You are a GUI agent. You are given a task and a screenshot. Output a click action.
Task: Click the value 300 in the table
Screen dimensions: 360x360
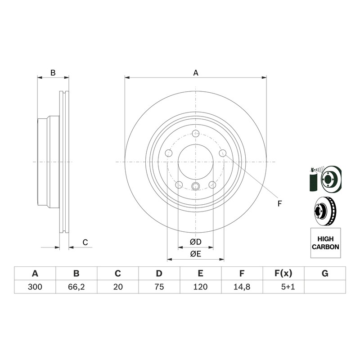click(x=35, y=287)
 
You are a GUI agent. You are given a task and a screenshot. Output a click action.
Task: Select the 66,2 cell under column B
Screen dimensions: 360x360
click(x=76, y=287)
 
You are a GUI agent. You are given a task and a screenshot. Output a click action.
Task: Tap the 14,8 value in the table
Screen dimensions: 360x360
click(x=242, y=287)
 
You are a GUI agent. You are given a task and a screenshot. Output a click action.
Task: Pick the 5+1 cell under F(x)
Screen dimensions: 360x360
click(x=288, y=287)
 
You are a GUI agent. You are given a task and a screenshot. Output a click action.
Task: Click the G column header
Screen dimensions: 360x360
click(x=325, y=274)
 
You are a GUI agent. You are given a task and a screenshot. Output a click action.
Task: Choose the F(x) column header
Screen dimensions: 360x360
click(x=283, y=274)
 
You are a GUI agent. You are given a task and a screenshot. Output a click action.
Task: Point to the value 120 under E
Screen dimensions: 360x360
click(x=200, y=287)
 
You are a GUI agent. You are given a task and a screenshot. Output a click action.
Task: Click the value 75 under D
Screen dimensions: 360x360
click(x=159, y=287)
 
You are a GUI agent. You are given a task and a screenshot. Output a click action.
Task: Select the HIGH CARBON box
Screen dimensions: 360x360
click(x=325, y=243)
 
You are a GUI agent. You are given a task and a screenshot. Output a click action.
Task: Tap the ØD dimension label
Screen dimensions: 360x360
click(x=196, y=242)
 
